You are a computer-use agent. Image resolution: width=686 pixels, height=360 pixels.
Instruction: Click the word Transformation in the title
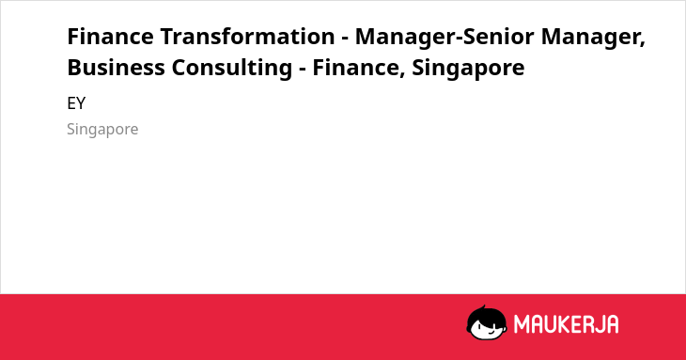247,37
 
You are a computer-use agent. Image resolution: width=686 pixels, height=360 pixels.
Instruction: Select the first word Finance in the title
110,37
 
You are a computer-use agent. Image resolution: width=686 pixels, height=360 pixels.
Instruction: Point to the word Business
116,68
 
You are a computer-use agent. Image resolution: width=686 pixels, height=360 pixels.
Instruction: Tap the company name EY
76,103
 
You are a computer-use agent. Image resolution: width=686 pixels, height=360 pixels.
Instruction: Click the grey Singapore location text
102,130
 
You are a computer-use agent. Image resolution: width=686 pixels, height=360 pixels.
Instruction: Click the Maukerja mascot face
487,322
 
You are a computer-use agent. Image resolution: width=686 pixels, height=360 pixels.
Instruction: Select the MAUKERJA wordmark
566,324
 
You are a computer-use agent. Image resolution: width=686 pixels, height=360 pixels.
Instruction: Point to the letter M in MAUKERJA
522,324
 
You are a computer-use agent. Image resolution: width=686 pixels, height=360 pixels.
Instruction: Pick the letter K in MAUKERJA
559,324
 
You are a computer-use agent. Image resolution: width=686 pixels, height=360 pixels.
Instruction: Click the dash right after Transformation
345,39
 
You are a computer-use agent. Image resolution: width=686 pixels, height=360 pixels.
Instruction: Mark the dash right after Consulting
303,70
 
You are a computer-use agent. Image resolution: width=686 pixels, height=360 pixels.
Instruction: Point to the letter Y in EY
81,103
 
